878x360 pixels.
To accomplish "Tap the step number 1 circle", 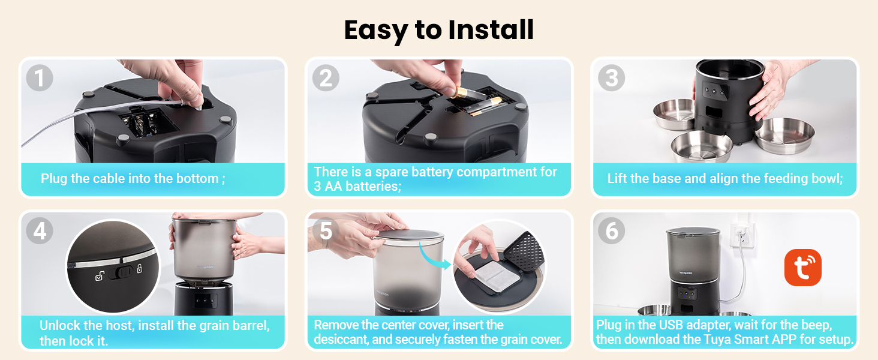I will pyautogui.click(x=40, y=79).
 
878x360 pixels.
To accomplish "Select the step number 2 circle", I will pyautogui.click(x=326, y=79).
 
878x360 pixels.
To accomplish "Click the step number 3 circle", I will pyautogui.click(x=612, y=79).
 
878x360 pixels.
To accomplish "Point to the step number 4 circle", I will pyautogui.click(x=40, y=231).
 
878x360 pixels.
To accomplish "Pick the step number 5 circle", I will pyautogui.click(x=326, y=231).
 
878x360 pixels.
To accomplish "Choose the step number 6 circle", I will pyautogui.click(x=612, y=231).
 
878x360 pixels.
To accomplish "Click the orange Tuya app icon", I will pyautogui.click(x=802, y=268).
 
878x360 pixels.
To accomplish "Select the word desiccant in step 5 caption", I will pyautogui.click(x=342, y=340).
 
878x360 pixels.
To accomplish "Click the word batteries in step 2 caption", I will pyautogui.click(x=373, y=186).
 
